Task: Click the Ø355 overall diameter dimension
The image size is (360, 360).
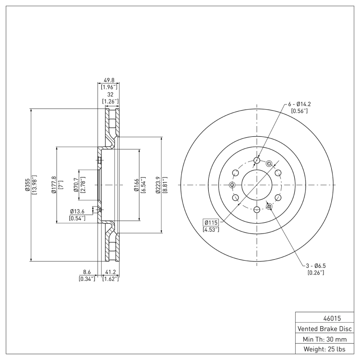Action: click(27, 185)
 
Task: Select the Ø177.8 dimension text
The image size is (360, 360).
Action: click(54, 185)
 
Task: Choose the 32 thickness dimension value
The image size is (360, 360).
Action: click(110, 94)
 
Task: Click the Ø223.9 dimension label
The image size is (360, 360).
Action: click(157, 185)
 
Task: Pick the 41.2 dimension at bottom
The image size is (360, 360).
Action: click(110, 272)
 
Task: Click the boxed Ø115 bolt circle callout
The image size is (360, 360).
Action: click(211, 222)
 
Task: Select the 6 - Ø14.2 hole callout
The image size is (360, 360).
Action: click(300, 104)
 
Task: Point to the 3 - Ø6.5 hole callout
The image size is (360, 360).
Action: click(315, 265)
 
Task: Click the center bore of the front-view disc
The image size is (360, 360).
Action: click(256, 185)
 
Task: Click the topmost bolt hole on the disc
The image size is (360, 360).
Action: click(256, 161)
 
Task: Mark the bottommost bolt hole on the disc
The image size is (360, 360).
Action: click(256, 209)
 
